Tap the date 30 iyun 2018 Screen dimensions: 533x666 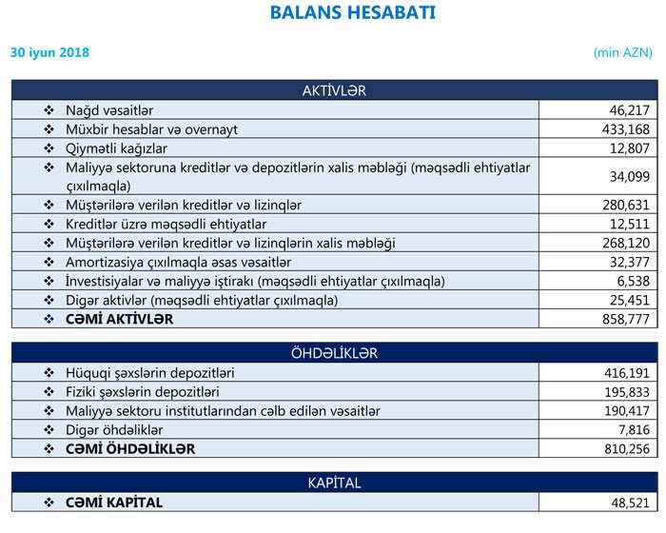(49, 53)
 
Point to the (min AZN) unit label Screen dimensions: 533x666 (624, 53)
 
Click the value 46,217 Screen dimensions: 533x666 (630, 110)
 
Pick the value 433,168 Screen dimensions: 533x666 (626, 129)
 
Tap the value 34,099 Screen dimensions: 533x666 (630, 176)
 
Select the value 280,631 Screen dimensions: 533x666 (626, 205)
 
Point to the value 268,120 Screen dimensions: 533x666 (626, 243)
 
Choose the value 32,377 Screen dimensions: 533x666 (630, 262)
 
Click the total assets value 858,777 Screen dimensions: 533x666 (626, 319)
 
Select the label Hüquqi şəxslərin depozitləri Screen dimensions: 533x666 (150, 372)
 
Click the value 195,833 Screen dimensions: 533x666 (626, 391)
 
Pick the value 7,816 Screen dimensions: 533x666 (633, 429)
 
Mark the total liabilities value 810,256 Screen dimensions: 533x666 (626, 448)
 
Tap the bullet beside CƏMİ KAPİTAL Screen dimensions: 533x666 (49, 502)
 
